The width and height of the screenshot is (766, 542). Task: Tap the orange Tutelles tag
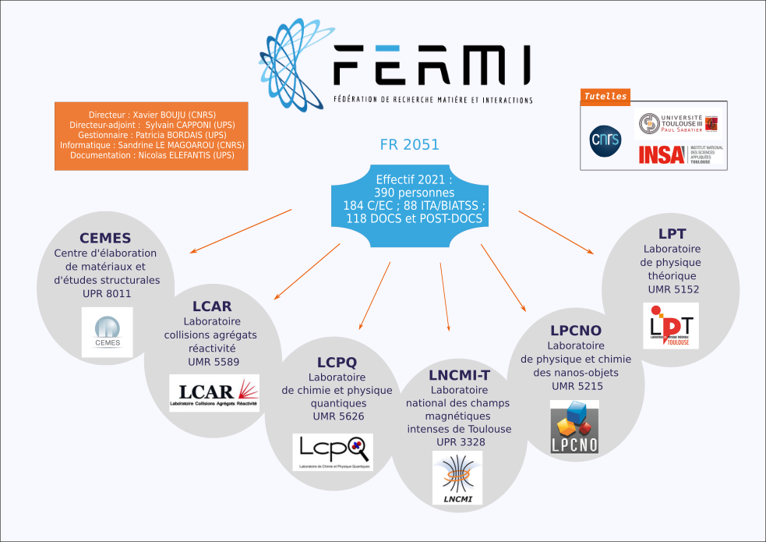pos(605,97)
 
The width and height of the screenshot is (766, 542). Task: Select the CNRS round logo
pos(605,140)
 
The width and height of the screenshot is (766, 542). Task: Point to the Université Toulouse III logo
pos(677,123)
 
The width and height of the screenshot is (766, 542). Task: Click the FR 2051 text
pos(409,144)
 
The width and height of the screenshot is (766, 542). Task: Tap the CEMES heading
pos(105,238)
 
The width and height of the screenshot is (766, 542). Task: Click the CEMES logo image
pos(107,331)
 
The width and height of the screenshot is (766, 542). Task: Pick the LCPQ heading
pos(337,362)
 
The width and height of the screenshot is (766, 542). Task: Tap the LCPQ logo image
pos(334,452)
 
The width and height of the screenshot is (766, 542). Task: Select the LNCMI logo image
pos(457,478)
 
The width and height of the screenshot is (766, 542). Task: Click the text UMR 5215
pos(577,386)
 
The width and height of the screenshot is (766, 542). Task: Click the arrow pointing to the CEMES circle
pos(242,231)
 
